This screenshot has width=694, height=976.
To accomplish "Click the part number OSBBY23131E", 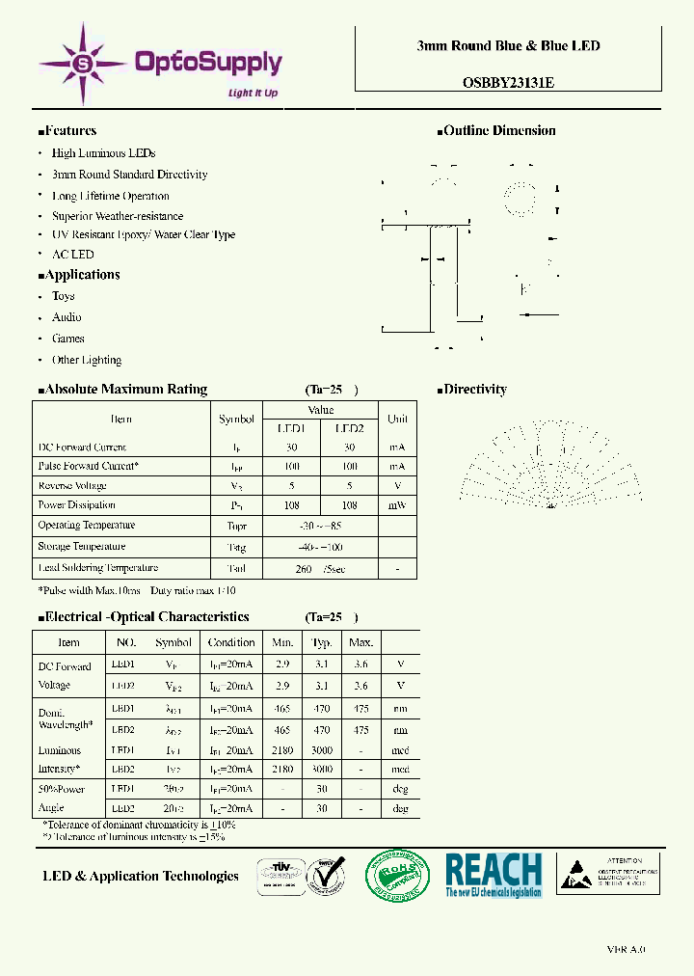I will point(508,83).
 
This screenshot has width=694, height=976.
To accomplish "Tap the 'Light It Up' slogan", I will point(253,93).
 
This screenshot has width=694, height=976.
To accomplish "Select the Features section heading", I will point(70,131).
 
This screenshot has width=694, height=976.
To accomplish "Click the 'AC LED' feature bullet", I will point(72,255).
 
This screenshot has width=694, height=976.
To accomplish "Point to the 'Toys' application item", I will point(63,296).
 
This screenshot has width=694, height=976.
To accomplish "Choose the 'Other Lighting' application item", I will point(86,360).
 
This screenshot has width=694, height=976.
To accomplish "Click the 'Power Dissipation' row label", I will point(76,505).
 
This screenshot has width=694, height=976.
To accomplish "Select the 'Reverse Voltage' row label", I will point(72,486).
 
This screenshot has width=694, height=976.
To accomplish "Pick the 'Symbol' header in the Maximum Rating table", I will point(236,420).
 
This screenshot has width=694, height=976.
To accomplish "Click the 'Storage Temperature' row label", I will point(81,546).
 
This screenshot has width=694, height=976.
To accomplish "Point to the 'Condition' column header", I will point(231,642).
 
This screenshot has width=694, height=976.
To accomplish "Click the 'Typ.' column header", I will point(322,642).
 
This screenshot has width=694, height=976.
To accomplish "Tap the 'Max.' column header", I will point(361,642).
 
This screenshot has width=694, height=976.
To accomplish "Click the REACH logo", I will point(494,875).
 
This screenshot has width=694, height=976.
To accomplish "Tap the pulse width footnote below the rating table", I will point(136,590).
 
